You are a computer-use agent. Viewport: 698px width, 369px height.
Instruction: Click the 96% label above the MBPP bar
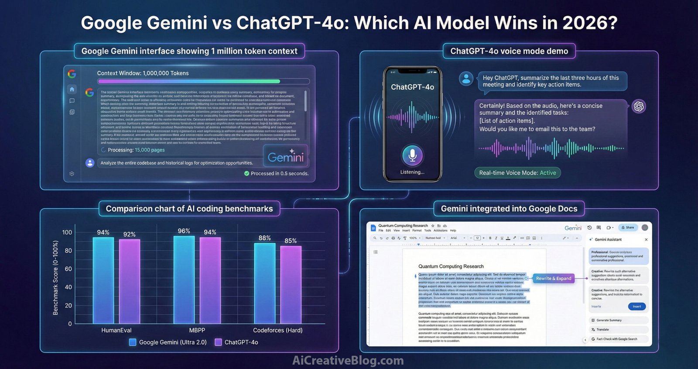coord(184,231)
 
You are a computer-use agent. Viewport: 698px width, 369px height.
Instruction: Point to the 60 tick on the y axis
coord(68,269)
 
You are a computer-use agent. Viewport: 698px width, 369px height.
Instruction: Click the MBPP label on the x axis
coord(197,330)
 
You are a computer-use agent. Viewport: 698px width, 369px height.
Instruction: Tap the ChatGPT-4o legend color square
coord(218,342)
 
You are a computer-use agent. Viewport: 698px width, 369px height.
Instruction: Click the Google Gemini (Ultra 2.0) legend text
coord(173,342)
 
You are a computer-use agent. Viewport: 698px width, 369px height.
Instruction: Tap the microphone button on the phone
coord(412,155)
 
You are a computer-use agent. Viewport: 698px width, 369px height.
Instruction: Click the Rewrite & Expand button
coord(553,279)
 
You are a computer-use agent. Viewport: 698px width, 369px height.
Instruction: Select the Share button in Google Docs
coord(628,228)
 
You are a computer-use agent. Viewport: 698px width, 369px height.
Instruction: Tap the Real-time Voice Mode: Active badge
coord(517,173)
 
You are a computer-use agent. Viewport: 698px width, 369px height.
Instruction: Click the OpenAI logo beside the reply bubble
coord(639,106)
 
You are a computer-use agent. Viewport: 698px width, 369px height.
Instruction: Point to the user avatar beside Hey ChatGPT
coord(466,79)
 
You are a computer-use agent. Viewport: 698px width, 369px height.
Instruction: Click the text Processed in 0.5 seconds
coord(279,173)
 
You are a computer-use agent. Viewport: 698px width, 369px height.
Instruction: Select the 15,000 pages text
coord(150,150)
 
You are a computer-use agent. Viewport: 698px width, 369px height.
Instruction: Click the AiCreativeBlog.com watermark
coord(348,360)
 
